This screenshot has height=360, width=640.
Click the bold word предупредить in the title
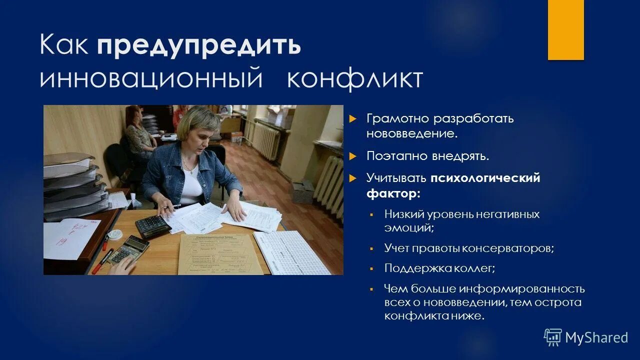[199, 46]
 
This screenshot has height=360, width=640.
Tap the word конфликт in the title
[355, 80]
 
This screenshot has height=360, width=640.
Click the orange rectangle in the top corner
[565, 30]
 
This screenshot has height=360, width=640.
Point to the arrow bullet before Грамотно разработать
[352, 119]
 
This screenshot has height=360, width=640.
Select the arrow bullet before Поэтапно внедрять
[352, 156]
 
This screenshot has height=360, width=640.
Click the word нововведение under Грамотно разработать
[411, 134]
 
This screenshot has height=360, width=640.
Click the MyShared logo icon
[552, 337]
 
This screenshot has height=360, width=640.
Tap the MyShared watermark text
[596, 337]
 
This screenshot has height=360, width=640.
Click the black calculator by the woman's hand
[152, 225]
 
